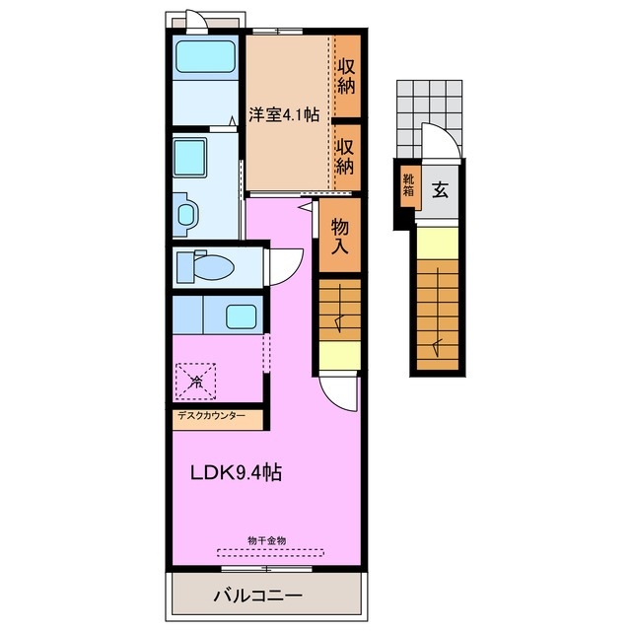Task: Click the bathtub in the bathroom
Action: pyautogui.click(x=205, y=57)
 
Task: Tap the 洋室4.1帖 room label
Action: pyautogui.click(x=284, y=114)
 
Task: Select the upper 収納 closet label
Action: pyautogui.click(x=346, y=76)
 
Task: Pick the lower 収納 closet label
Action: pyautogui.click(x=345, y=157)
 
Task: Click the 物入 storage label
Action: pyautogui.click(x=339, y=237)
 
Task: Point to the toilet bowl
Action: pyautogui.click(x=213, y=267)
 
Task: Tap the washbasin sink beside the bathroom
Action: pyautogui.click(x=190, y=158)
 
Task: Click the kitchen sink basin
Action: pyautogui.click(x=241, y=316)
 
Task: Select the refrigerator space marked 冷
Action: pyautogui.click(x=196, y=382)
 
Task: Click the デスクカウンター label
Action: pyautogui.click(x=212, y=415)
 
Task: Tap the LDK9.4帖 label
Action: pyautogui.click(x=236, y=472)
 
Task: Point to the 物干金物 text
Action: pyautogui.click(x=267, y=540)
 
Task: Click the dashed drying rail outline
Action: pyautogui.click(x=270, y=552)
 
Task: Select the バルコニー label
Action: pyautogui.click(x=258, y=596)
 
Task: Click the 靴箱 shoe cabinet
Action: pyautogui.click(x=408, y=184)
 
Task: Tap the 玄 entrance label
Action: pyautogui.click(x=441, y=190)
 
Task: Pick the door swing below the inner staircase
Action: pyautogui.click(x=338, y=393)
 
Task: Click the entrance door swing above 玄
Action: pyautogui.click(x=441, y=142)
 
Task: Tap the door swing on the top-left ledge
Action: pyautogui.click(x=197, y=22)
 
